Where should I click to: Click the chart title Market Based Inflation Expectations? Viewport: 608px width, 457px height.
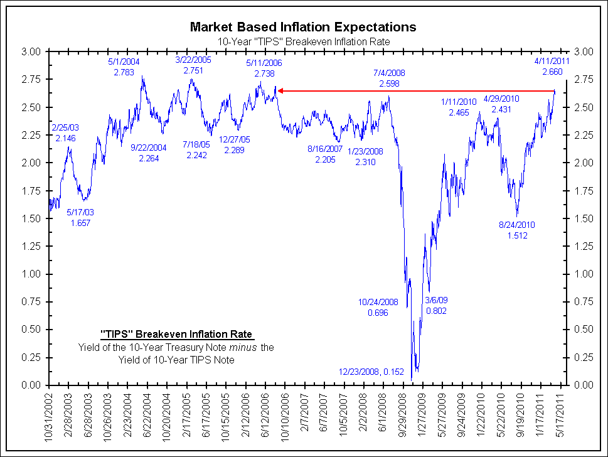[x=303, y=27]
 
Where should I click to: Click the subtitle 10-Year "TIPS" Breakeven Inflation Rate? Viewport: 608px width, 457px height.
[x=303, y=41]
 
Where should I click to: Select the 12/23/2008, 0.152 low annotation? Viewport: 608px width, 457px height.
[x=371, y=371]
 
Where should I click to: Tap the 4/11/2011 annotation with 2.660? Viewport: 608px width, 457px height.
[x=552, y=67]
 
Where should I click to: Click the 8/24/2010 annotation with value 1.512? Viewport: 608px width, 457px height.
[x=517, y=230]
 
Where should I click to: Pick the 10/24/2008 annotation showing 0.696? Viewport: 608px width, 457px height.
[x=378, y=306]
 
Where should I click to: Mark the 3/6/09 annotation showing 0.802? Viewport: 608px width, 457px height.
[x=436, y=305]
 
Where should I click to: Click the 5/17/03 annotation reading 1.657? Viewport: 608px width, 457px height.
[x=81, y=217]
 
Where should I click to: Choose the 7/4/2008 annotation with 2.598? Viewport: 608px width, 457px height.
[x=389, y=78]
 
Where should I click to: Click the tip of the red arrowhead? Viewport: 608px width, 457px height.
[x=278, y=91]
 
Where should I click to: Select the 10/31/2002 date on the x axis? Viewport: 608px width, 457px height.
[x=50, y=417]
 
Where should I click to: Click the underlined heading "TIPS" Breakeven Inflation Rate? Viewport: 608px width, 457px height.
[x=177, y=333]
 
